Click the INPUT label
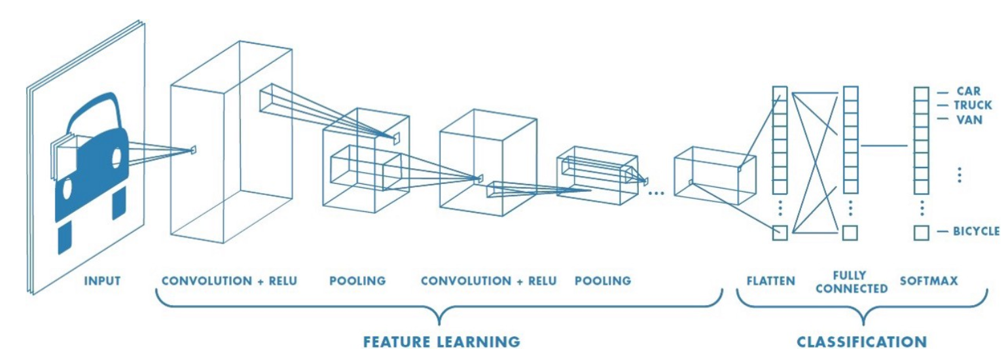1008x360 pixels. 102,281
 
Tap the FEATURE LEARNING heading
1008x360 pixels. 441,341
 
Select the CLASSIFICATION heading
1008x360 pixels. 861,341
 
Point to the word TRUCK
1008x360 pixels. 973,105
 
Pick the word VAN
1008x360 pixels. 969,120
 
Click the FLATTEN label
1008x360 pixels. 771,281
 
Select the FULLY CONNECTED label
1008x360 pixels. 851,282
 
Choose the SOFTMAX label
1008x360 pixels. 928,281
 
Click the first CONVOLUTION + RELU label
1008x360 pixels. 229,281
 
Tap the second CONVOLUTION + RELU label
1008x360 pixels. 488,281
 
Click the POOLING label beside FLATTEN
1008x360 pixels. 603,281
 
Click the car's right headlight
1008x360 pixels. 117,156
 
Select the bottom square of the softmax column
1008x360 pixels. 922,232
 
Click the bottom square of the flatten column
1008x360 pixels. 779,232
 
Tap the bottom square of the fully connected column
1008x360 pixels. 850,232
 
